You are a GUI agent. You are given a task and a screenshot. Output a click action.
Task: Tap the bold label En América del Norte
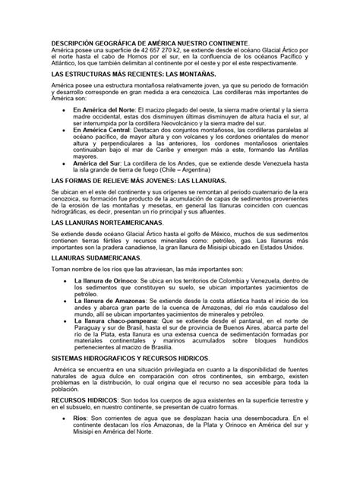[110, 109]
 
